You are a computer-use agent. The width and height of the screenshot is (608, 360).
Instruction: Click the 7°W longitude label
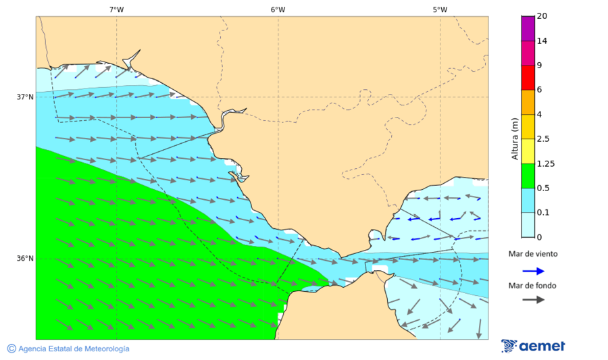(x=116, y=9)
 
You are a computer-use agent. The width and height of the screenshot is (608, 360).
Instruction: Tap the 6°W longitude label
(x=278, y=9)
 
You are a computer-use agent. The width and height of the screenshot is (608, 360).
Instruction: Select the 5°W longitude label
(x=440, y=9)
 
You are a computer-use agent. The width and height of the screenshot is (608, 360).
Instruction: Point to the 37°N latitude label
(x=25, y=97)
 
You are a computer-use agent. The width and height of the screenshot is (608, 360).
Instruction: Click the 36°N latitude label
(x=25, y=258)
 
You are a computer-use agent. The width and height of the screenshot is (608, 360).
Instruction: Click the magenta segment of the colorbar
(x=528, y=53)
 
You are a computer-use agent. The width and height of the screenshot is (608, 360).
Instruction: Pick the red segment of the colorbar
(x=528, y=77)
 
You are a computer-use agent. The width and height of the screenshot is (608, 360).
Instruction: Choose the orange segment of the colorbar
(x=528, y=102)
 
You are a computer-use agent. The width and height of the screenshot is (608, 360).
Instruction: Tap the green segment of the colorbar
(x=528, y=175)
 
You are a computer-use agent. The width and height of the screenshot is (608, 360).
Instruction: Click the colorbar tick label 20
(x=542, y=16)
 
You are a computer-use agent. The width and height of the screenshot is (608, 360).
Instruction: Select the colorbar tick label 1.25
(x=546, y=163)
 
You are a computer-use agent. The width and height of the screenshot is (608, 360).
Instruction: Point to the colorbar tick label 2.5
(x=543, y=139)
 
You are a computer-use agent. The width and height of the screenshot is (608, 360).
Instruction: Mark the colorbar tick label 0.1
(x=543, y=213)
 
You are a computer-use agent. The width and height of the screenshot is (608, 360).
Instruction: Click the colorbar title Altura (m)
(x=515, y=138)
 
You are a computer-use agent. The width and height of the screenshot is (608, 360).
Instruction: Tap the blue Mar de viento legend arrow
(x=533, y=271)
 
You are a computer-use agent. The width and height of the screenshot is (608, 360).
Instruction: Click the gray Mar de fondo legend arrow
(x=533, y=299)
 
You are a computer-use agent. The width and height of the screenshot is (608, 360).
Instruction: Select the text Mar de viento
(x=533, y=254)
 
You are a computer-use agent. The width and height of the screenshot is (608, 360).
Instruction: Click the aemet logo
(x=533, y=346)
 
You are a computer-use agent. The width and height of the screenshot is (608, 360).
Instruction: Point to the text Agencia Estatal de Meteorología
(x=74, y=349)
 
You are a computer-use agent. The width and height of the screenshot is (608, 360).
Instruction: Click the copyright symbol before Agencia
(x=11, y=349)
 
